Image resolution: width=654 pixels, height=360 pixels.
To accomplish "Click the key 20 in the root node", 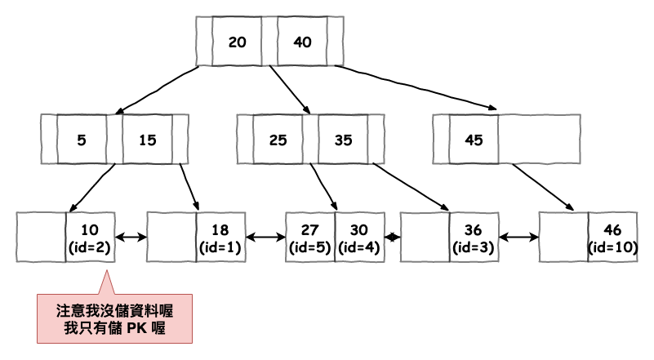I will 238,42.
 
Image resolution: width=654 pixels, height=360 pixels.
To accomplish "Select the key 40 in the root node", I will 302,42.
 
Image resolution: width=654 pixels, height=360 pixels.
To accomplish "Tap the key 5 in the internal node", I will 81,139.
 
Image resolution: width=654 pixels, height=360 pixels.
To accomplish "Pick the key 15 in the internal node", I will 147,139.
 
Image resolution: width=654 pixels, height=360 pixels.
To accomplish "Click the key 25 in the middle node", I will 278,139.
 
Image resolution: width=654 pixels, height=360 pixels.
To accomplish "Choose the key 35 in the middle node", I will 343,139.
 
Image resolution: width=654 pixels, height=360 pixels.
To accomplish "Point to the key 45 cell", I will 474,139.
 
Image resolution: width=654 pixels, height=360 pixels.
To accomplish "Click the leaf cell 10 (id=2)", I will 90,237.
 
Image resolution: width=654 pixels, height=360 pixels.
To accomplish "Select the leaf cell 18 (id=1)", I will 220,237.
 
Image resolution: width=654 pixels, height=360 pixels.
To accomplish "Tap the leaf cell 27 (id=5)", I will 310,237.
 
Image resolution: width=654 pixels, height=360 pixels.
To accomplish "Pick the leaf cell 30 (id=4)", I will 359,237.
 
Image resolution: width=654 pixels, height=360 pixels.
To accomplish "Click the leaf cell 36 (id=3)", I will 474,237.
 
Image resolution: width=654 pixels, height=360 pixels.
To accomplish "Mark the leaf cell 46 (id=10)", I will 612,237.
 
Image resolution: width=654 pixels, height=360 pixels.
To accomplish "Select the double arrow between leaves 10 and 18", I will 131,238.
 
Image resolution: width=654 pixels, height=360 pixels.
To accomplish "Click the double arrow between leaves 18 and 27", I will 265,238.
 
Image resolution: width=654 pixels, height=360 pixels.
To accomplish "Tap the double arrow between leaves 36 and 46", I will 519,238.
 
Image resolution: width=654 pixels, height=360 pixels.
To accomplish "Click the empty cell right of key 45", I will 539,139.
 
